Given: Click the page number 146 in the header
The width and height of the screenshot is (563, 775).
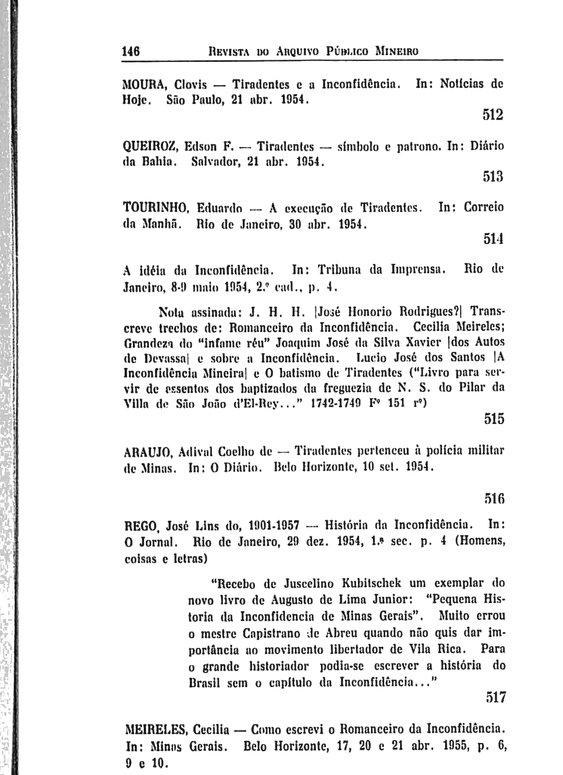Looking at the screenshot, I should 131,50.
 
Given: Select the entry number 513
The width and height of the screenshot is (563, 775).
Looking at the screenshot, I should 493,177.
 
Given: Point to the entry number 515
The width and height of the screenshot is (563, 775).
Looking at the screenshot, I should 494,418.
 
